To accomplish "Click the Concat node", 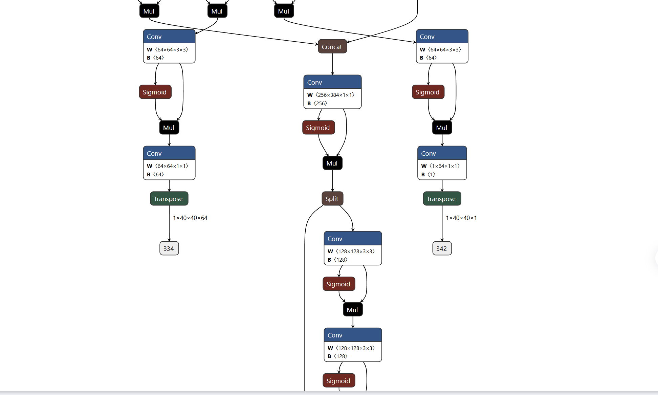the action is coord(332,47).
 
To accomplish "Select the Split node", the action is coord(332,199).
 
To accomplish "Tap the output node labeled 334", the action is coord(169,248).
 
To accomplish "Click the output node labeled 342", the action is coord(442,248).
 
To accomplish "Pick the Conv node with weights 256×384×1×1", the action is coord(332,92).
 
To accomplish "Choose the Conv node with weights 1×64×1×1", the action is coord(442,163).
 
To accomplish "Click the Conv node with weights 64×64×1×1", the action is coord(169,163).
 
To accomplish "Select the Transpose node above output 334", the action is coord(169,199).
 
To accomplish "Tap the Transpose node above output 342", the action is coord(442,199).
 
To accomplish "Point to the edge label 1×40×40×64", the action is coord(190,218).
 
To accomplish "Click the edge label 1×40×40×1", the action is coord(461,218).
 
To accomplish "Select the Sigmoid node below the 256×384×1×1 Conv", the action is coord(319,128).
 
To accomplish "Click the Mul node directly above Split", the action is coord(332,163).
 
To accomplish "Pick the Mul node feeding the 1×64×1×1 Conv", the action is coord(442,128).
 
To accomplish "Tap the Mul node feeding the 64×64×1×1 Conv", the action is coord(169,128).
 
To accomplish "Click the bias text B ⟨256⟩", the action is coord(317,103).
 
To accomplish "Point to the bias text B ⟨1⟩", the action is coord(428,174).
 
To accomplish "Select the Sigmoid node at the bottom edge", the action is coord(339,381).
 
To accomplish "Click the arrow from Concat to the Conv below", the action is coord(333,64).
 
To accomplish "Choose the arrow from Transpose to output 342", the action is coord(442,223).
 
